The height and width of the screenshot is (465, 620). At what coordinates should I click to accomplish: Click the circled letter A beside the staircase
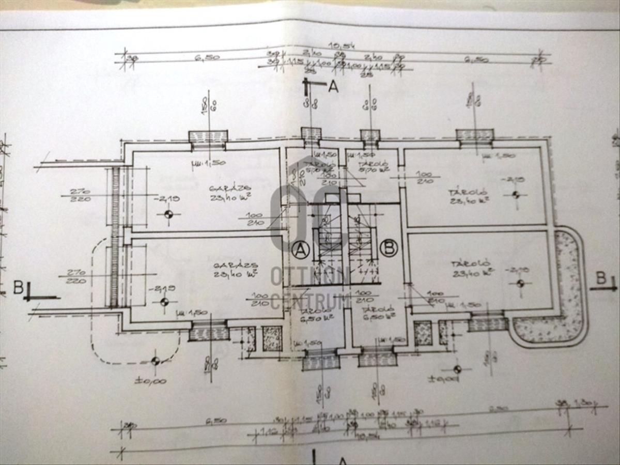300,250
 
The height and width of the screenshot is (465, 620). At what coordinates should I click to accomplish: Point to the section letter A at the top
333,86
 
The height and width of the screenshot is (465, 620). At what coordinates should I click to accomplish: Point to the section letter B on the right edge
600,278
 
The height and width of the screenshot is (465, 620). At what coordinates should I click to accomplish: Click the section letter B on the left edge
18,287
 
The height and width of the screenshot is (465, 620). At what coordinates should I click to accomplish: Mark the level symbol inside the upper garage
168,214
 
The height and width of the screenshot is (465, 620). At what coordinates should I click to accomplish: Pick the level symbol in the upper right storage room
515,195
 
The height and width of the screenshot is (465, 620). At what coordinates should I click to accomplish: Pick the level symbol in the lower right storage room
520,283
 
